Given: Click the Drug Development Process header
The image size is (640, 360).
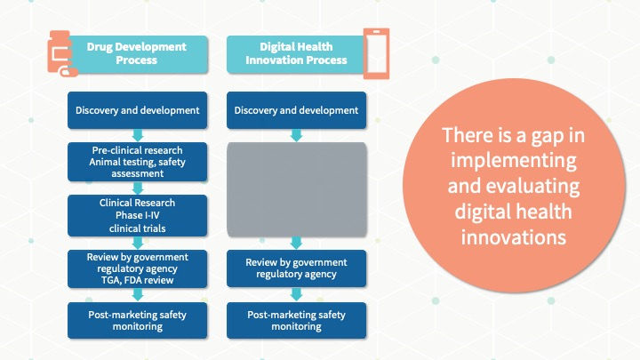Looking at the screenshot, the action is [137, 54].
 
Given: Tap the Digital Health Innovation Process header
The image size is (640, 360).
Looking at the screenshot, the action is [296, 54].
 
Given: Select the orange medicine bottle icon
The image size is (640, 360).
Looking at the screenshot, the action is [61, 53].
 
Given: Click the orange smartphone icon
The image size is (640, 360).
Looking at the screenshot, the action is [376, 53].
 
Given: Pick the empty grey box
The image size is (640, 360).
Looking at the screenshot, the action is [297, 189].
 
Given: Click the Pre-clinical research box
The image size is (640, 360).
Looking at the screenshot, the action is [138, 162].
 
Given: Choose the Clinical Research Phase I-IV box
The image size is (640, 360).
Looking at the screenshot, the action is [138, 215].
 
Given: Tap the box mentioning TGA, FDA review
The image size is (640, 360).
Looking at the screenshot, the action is [138, 268].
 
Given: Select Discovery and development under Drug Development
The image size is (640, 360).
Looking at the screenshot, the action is [138, 110].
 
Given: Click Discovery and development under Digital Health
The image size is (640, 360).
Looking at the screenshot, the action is [297, 110].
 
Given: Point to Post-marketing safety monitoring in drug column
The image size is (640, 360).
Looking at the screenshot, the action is [138, 320].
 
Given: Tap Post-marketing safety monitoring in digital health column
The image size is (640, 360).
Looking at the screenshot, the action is [297, 320].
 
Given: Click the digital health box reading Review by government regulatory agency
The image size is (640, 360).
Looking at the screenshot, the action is [297, 268].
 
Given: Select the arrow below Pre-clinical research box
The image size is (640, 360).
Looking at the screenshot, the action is [138, 188].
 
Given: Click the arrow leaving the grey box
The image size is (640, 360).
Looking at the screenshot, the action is [296, 243].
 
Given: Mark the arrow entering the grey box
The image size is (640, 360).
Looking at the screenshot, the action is [296, 135].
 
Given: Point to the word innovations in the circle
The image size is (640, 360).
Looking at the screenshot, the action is [514, 237].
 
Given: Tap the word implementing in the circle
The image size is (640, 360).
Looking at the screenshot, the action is [514, 160].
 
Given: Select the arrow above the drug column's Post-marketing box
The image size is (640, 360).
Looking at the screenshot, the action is [138, 295].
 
